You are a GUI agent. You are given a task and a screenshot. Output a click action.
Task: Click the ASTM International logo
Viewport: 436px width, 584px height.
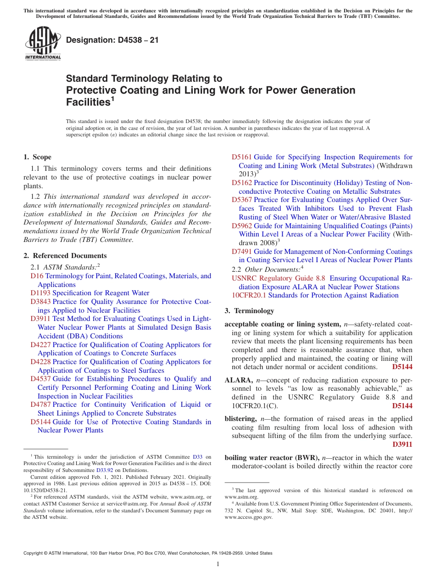pyautogui.click(x=43, y=44)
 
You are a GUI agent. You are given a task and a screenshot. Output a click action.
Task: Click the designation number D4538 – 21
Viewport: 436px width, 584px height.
pyautogui.click(x=112, y=40)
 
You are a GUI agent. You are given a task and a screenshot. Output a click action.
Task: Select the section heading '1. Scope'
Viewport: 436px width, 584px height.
pyautogui.click(x=38, y=157)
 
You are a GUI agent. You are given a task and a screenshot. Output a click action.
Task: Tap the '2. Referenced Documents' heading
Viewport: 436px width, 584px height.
pyautogui.click(x=65, y=256)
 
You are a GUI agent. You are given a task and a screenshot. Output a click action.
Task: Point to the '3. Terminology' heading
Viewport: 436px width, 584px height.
pyautogui.click(x=249, y=311)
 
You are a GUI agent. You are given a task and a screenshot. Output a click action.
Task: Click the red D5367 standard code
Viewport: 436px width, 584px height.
pyautogui.click(x=241, y=200)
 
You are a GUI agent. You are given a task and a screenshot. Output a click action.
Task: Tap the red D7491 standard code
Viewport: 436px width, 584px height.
pyautogui.click(x=241, y=252)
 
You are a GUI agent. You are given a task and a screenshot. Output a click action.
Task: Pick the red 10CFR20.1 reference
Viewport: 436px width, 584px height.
pyautogui.click(x=250, y=295)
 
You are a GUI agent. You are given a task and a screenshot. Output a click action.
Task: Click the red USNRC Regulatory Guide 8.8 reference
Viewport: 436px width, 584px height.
pyautogui.click(x=278, y=278)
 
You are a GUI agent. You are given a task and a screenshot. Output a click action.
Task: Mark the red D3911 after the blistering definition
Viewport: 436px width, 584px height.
pyautogui.click(x=402, y=444)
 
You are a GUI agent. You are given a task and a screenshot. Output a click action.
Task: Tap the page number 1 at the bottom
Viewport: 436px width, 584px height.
pyautogui.click(x=218, y=564)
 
